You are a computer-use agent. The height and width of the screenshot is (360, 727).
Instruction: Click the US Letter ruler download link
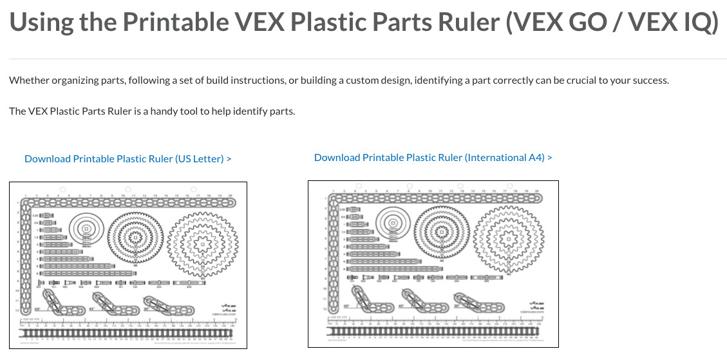point(127,158)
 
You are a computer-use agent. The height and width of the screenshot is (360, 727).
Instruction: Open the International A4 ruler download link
point(433,157)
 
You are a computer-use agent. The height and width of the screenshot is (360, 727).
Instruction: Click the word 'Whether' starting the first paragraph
point(28,81)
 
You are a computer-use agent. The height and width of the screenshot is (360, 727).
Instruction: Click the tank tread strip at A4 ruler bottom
point(433,332)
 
